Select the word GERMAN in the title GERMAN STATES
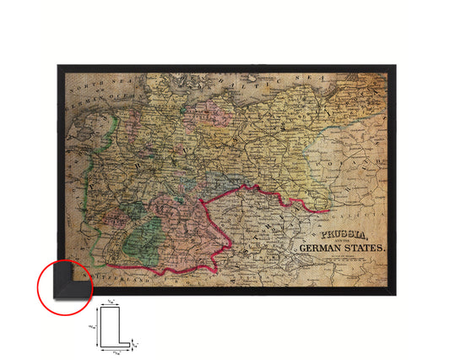322,248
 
